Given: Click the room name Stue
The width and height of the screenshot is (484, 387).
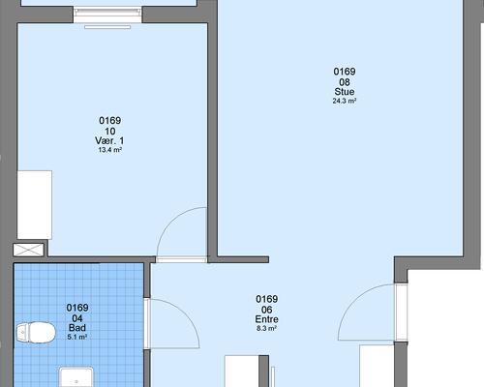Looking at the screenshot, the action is [x=345, y=92].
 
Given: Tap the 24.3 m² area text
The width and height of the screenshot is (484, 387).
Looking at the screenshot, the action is [x=345, y=101].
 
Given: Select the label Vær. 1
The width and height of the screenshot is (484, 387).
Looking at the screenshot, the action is [x=109, y=140].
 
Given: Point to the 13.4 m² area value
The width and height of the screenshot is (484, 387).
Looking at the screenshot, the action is [x=109, y=150].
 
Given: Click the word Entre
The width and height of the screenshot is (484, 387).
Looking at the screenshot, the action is [x=266, y=319].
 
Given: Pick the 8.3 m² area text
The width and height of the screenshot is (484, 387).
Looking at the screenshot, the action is [x=266, y=329].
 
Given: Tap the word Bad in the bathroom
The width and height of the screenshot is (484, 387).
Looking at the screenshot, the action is [x=77, y=328].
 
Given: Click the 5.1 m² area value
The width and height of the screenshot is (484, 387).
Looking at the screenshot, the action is [x=77, y=338].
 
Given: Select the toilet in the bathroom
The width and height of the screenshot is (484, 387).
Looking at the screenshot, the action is [x=36, y=332].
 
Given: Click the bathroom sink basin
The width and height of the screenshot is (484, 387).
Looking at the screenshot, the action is [x=76, y=376].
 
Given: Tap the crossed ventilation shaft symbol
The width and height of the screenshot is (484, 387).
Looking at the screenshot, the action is [x=28, y=250].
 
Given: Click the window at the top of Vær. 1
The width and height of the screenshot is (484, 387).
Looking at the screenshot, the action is [x=107, y=15].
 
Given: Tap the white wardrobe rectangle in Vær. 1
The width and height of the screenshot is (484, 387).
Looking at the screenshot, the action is [x=35, y=205].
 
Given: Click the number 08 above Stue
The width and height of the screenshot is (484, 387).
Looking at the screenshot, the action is [x=345, y=82].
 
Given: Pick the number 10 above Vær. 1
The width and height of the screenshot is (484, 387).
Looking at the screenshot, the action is [x=109, y=132].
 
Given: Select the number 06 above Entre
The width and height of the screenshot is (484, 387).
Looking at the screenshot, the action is [x=266, y=310].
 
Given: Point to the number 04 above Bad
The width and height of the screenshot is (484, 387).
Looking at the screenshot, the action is [x=77, y=318].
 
